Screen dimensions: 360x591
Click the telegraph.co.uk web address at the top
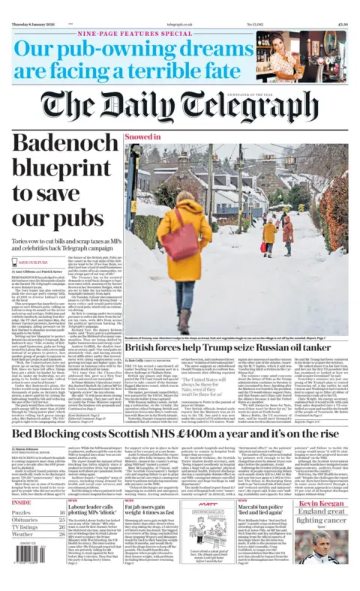178,5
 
